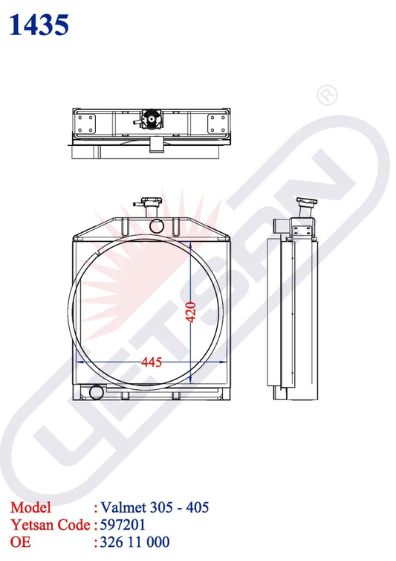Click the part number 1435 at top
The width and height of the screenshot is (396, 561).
(x=39, y=25)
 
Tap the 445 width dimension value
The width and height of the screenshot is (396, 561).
(x=151, y=362)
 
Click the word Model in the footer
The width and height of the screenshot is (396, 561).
(x=31, y=507)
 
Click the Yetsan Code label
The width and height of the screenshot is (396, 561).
(x=51, y=525)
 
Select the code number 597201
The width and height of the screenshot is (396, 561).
(x=124, y=525)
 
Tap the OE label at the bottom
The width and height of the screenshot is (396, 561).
(x=21, y=542)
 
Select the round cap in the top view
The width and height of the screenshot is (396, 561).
(x=151, y=119)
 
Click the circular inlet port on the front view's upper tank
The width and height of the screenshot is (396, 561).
(x=156, y=225)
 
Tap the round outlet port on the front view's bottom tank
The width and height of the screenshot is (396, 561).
(x=95, y=392)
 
